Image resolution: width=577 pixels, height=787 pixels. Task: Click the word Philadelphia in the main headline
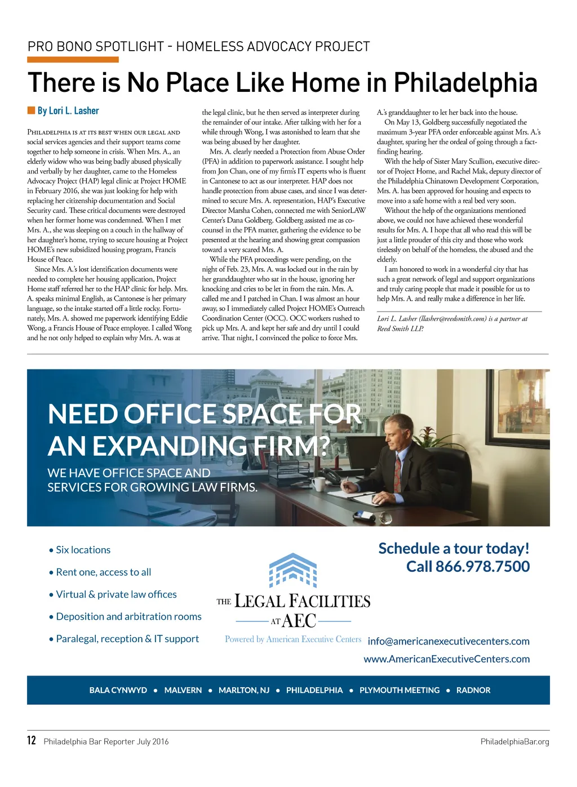tap(465, 83)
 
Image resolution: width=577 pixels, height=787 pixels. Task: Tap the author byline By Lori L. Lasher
tap(68, 111)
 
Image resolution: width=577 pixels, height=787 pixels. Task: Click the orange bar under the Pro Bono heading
tap(73, 60)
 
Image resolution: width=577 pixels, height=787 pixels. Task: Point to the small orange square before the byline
tap(31, 110)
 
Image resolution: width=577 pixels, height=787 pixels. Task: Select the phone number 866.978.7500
tap(482, 566)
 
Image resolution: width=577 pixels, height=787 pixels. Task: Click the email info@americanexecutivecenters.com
tap(449, 641)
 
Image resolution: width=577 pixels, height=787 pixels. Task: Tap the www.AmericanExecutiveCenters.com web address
tap(446, 659)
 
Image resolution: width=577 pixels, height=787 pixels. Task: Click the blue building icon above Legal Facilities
tap(293, 570)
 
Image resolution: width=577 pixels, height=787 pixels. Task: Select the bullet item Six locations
tap(83, 550)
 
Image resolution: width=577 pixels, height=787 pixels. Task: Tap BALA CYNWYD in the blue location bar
tap(118, 690)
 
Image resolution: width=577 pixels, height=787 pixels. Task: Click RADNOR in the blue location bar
tap(473, 690)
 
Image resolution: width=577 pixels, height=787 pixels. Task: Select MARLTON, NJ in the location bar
tap(244, 690)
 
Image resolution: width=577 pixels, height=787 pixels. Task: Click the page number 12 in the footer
tap(32, 740)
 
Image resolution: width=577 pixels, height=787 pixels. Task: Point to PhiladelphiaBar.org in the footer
tap(514, 741)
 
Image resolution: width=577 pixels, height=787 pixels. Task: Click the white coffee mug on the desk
tap(318, 484)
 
